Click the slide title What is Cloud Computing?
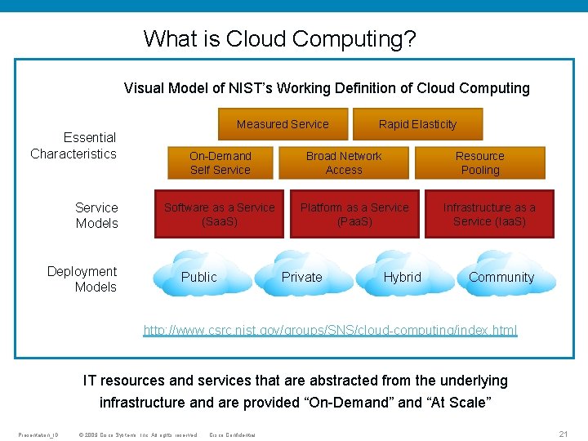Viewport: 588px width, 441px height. [280, 38]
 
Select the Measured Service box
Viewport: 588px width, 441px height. [283, 124]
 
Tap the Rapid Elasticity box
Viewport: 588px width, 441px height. [417, 124]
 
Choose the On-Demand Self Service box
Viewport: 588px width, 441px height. [220, 163]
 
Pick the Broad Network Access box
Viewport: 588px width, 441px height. [344, 163]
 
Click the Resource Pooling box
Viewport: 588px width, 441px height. [479, 163]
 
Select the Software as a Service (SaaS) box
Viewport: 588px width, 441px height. [219, 214]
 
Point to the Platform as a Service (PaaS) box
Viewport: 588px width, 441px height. [354, 214]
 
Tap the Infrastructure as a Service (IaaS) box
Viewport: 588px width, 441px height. [489, 214]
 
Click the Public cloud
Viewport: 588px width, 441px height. [199, 277]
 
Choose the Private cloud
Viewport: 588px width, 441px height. [302, 277]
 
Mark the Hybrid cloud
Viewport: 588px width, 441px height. [403, 277]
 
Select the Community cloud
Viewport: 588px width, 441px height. [501, 277]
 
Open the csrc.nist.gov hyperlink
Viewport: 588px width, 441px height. [330, 330]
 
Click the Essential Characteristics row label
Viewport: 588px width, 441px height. [73, 145]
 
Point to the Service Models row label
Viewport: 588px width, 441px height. [96, 215]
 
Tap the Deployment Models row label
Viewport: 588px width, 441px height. [82, 278]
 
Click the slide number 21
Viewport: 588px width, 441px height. [563, 434]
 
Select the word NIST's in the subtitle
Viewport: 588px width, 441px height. [247, 88]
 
